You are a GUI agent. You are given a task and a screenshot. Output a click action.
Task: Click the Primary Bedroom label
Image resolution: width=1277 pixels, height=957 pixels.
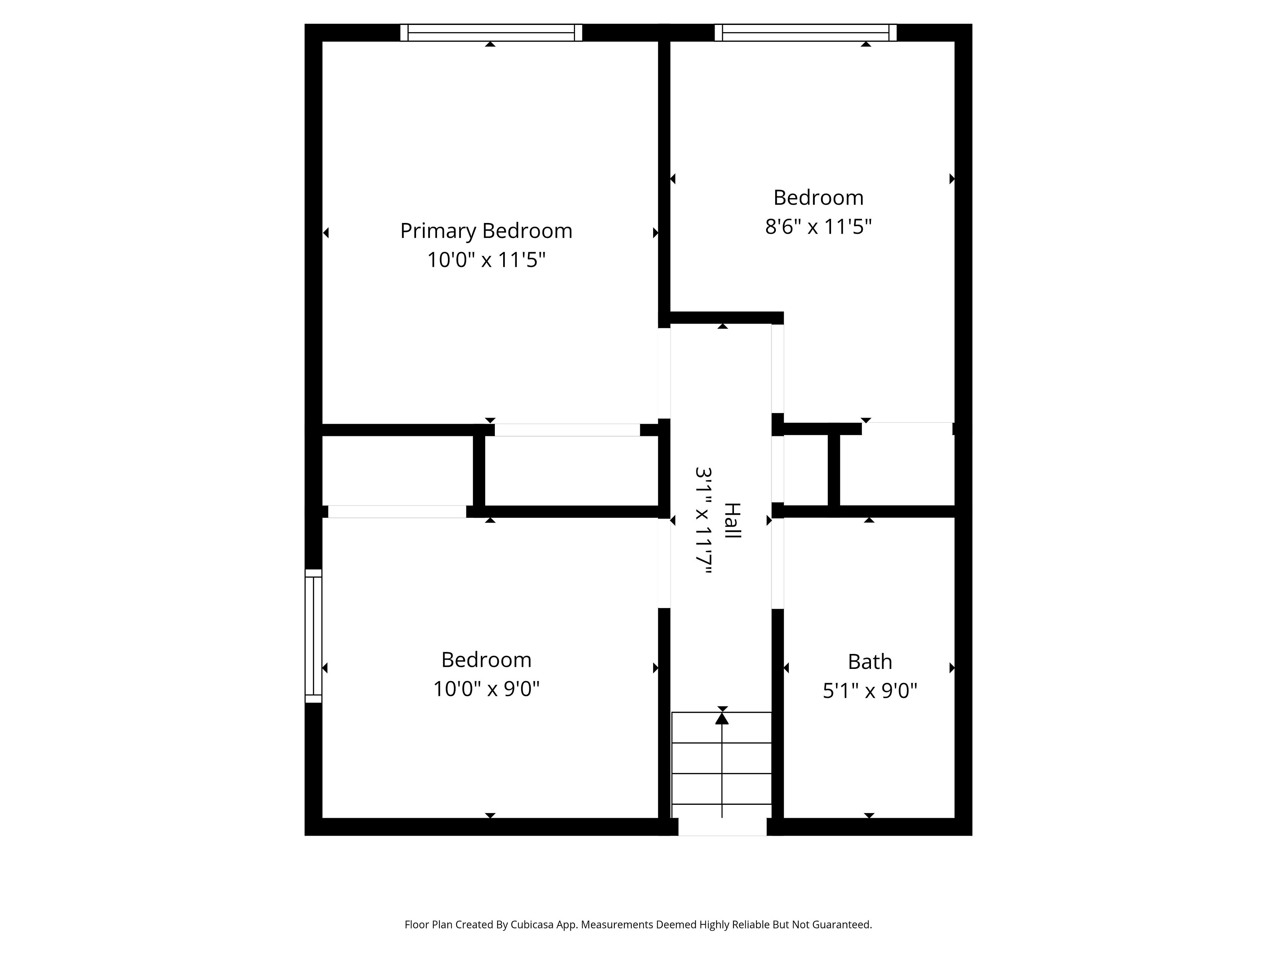click(486, 231)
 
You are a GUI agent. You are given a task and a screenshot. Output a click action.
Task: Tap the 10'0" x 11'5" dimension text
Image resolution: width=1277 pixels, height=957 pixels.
click(486, 260)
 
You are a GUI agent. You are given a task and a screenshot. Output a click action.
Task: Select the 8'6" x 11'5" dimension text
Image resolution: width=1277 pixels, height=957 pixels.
click(818, 227)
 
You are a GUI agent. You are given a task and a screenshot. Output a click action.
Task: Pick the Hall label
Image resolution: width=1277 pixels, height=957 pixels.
click(732, 521)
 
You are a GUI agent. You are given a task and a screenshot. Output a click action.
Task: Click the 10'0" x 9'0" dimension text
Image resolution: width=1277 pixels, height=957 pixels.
click(486, 689)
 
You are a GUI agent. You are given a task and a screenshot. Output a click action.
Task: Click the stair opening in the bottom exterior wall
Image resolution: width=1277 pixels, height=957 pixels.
click(722, 827)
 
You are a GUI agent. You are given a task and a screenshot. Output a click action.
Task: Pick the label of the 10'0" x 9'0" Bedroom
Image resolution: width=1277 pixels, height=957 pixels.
click(486, 659)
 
